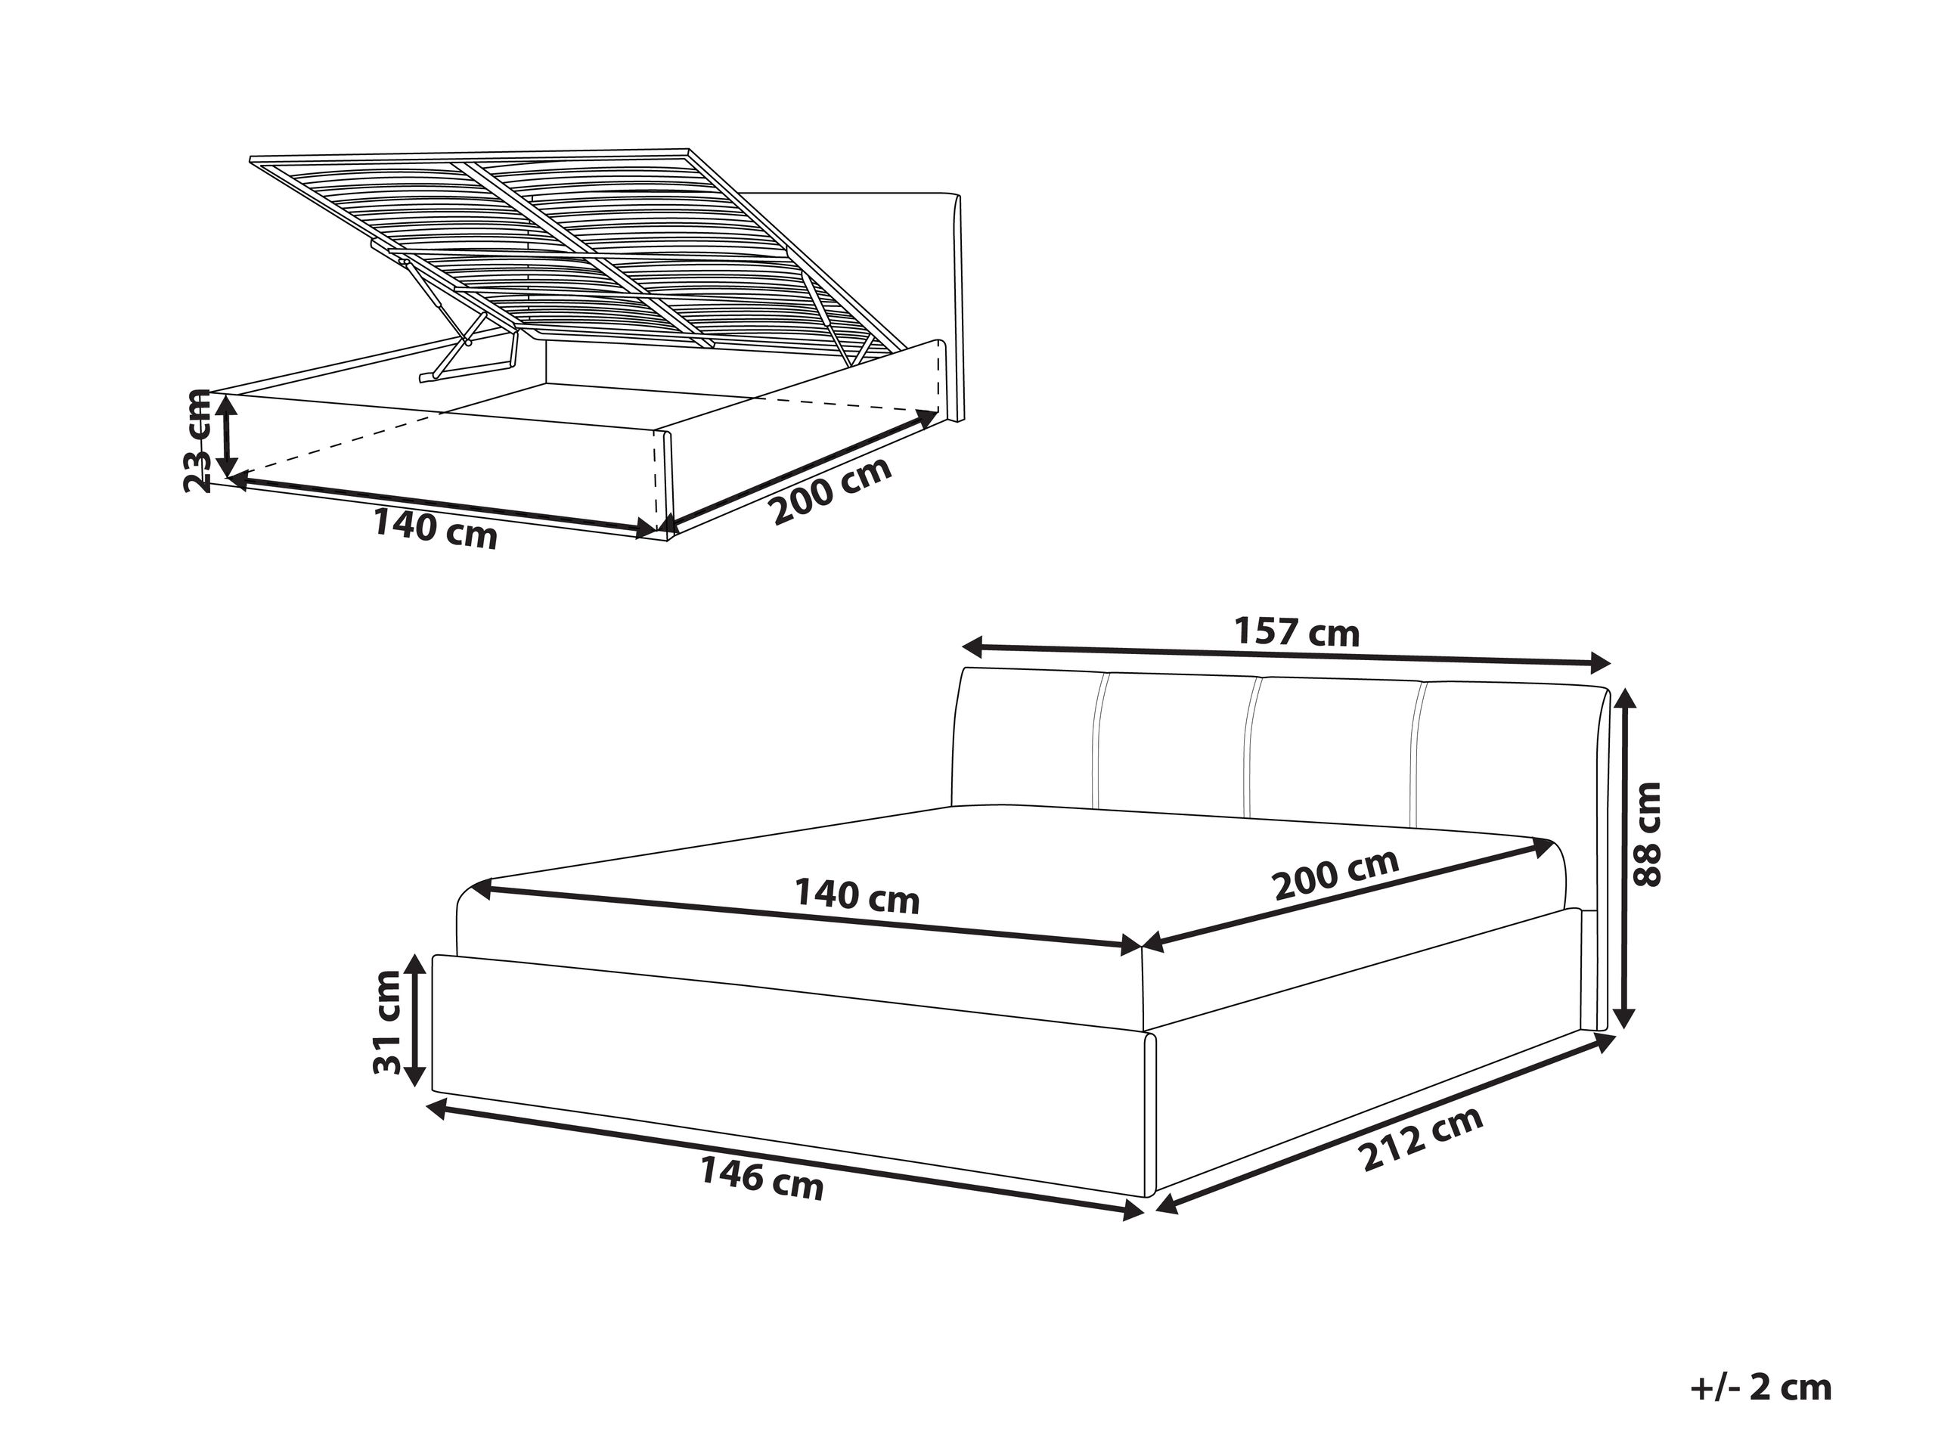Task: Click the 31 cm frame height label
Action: click(x=386, y=1022)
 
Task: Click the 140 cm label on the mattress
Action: click(x=857, y=897)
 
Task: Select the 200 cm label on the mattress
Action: click(x=1336, y=874)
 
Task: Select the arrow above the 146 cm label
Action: click(x=785, y=1158)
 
